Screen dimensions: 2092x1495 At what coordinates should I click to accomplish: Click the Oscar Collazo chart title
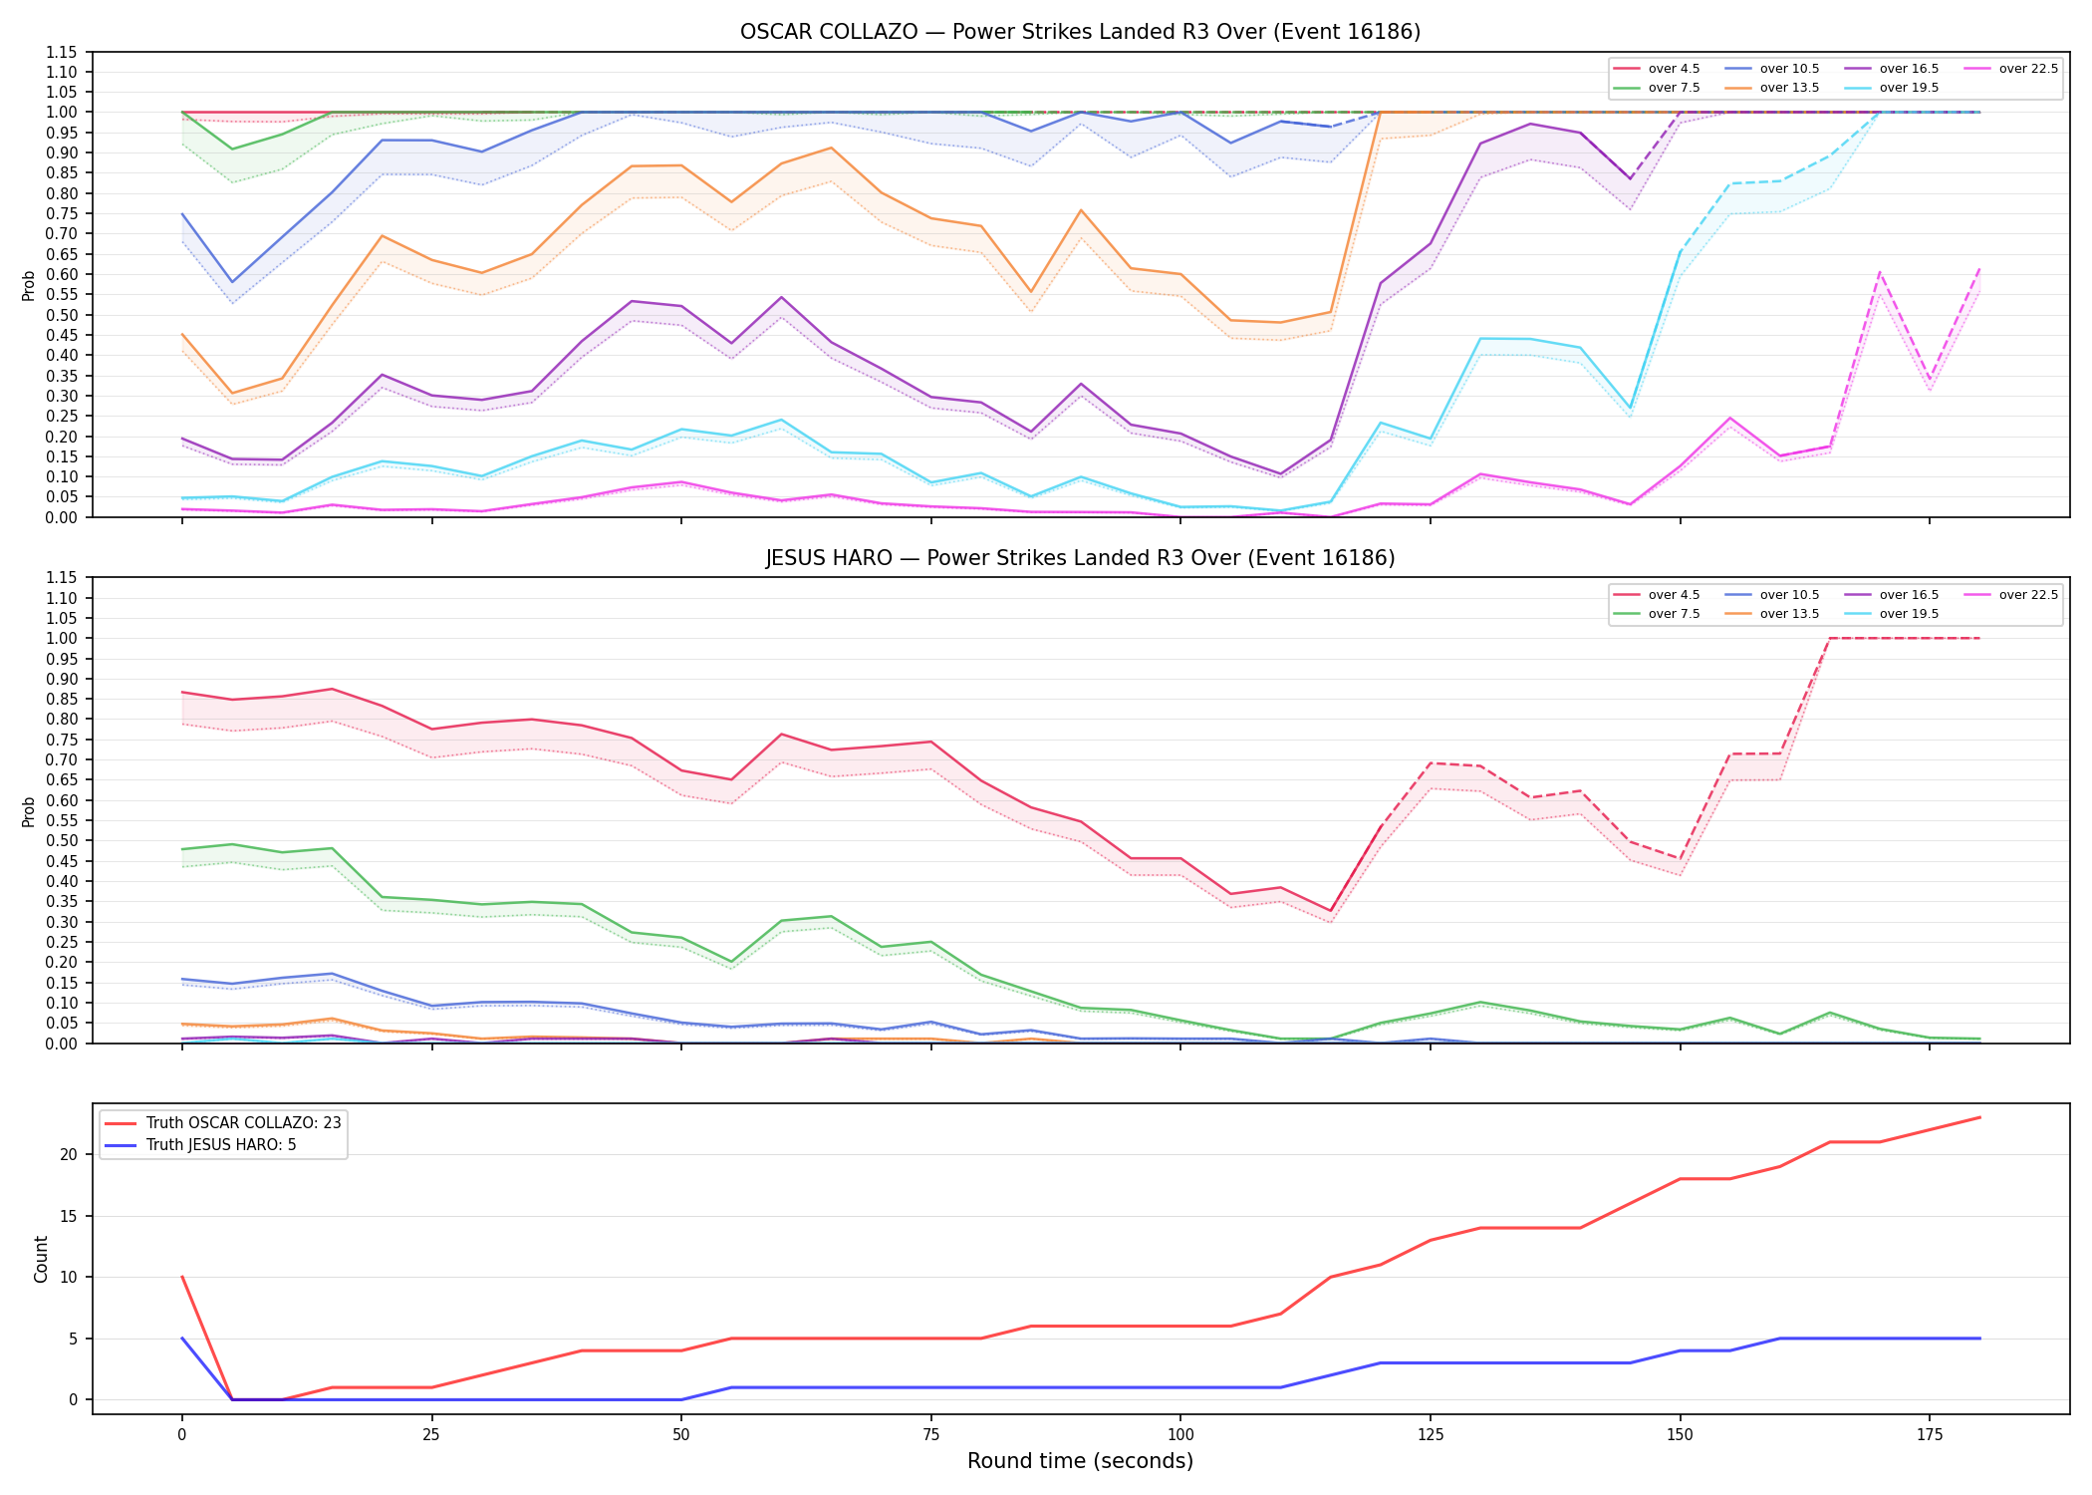tap(1080, 32)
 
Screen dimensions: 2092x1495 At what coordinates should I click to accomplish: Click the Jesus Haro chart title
tap(1080, 558)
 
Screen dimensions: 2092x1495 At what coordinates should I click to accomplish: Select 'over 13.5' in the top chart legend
tap(1789, 88)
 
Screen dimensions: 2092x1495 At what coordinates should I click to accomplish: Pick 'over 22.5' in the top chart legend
tap(2028, 69)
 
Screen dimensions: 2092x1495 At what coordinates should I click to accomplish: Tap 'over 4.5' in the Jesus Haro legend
tap(1674, 595)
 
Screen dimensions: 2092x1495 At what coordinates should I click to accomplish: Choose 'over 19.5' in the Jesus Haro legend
tap(1909, 614)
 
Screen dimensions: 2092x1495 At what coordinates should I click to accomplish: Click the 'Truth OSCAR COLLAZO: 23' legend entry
tap(243, 1123)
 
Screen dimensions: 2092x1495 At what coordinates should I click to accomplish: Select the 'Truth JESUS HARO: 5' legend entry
tap(221, 1145)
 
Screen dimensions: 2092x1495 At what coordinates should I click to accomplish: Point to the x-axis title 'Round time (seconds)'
tap(1080, 1461)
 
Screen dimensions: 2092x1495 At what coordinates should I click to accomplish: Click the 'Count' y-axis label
tap(41, 1259)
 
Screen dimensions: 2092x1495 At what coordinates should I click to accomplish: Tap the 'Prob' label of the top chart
tap(29, 285)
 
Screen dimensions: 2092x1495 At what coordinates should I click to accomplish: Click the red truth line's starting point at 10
tap(182, 1277)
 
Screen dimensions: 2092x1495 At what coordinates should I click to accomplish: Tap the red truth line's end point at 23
tap(1979, 1117)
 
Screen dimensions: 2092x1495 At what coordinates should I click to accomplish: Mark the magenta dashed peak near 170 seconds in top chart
tap(1880, 271)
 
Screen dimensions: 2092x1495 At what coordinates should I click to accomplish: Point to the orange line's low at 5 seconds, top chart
tap(232, 394)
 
